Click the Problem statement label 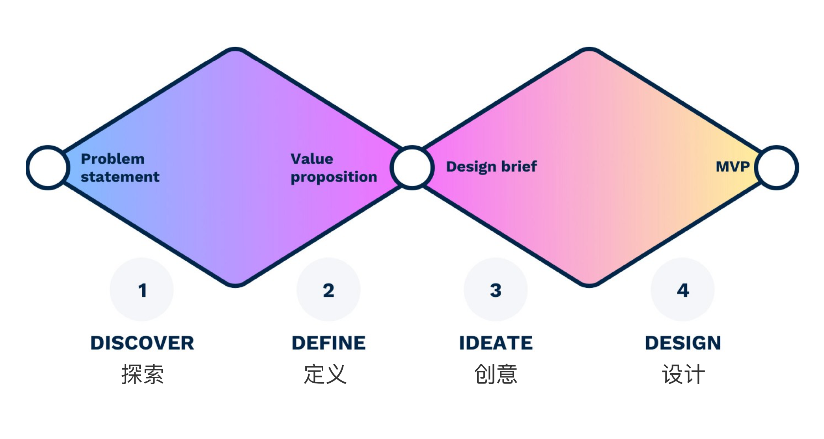[x=120, y=168]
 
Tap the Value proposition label [x=334, y=168]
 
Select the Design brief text [x=491, y=167]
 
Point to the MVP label [x=733, y=167]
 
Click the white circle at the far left [x=48, y=167]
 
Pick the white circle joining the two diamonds [x=412, y=167]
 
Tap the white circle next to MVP [x=777, y=167]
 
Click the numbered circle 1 [x=142, y=290]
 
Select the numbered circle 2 [x=328, y=290]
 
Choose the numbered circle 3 [x=496, y=290]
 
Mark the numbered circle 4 [x=682, y=290]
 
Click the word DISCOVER [x=142, y=343]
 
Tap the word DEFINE [x=328, y=343]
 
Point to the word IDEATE [x=496, y=343]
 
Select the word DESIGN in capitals [x=683, y=343]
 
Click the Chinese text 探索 [x=142, y=374]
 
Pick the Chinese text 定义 [x=325, y=374]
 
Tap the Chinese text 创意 [x=496, y=374]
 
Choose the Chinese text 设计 [x=683, y=374]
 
